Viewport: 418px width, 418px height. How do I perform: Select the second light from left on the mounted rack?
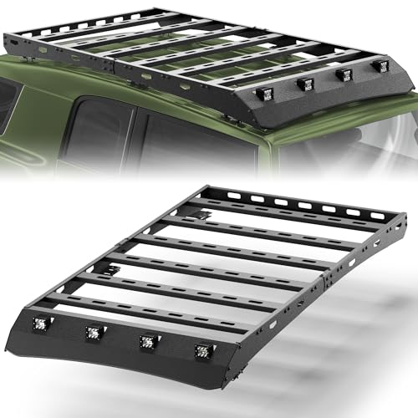point(307,84)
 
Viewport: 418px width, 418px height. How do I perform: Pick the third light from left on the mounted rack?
point(343,75)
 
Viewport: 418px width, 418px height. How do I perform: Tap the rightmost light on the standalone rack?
point(201,350)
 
